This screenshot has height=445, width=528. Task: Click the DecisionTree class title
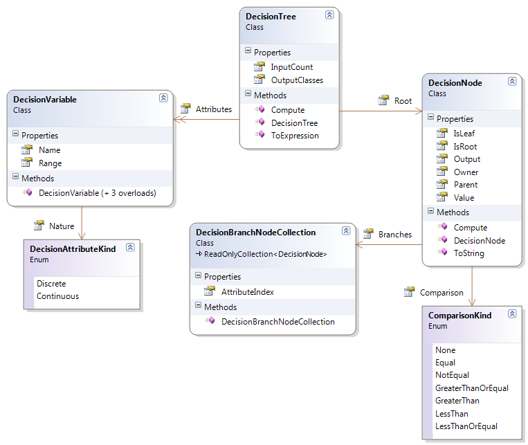[x=271, y=17]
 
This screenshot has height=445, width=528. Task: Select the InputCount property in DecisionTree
[x=291, y=67]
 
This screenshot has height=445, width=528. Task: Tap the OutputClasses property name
[x=297, y=80]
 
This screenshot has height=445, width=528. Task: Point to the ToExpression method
[x=295, y=136]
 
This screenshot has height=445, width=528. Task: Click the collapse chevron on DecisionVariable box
[x=163, y=98]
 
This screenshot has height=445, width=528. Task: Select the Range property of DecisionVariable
[x=51, y=163]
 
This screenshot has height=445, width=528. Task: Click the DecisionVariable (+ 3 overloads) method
[x=98, y=193]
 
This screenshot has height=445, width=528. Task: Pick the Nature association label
[x=62, y=226]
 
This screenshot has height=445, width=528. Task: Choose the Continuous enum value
[x=57, y=296]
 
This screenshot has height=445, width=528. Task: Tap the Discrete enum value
[x=51, y=284]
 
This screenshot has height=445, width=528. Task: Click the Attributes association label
[x=214, y=109]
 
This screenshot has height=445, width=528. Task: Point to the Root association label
[x=403, y=101]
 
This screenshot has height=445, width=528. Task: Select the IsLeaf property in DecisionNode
[x=464, y=134]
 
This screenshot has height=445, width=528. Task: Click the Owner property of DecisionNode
[x=466, y=172]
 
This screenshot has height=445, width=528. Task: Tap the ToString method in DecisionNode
[x=469, y=253]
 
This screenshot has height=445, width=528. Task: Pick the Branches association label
[x=395, y=235]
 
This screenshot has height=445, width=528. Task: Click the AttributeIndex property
[x=248, y=292]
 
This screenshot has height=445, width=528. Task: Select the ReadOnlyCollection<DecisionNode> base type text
[x=265, y=254]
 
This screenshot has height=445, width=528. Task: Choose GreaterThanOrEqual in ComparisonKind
[x=472, y=388]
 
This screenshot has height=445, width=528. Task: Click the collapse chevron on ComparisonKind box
[x=512, y=314]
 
